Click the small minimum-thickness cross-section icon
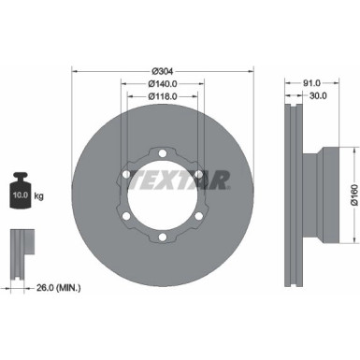(x=21, y=249)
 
